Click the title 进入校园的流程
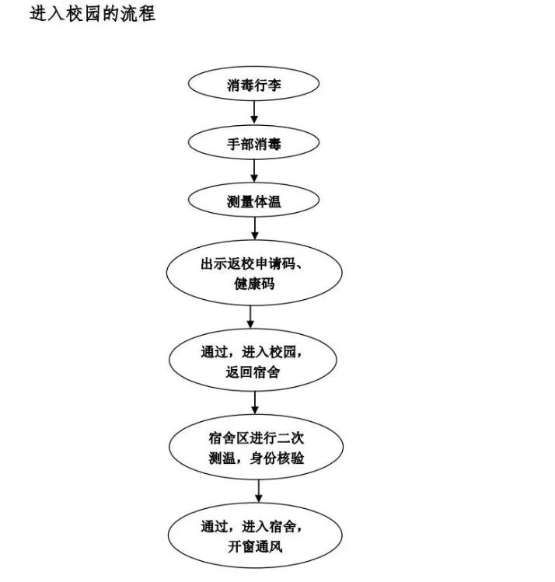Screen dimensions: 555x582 point(92,14)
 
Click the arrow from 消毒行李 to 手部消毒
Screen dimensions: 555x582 point(254,112)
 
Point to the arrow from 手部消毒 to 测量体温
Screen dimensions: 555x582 point(254,171)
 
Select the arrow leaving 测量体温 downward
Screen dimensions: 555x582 point(255,228)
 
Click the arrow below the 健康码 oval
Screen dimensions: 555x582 point(250,317)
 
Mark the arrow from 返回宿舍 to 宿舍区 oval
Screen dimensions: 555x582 point(255,403)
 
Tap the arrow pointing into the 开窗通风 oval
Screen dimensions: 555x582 point(259,491)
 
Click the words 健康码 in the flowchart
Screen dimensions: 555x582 point(254,284)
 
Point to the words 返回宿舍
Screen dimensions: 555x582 point(253,371)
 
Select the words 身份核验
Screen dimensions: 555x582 point(277,458)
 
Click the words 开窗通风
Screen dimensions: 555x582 point(255,546)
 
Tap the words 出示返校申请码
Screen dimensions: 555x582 point(249,264)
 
